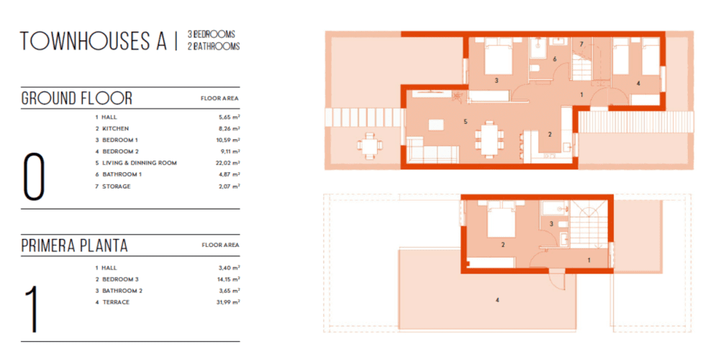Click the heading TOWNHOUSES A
tap(94, 41)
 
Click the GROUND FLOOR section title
tap(77, 98)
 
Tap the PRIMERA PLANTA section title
tap(75, 246)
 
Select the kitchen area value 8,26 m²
tap(230, 128)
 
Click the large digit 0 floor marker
tap(34, 177)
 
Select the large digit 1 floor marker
tap(32, 309)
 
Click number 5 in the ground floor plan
tap(466, 122)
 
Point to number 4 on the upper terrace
tap(497, 300)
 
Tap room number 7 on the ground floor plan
tap(581, 44)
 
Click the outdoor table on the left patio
tap(370, 145)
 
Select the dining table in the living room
tap(489, 138)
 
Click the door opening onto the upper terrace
tap(555, 280)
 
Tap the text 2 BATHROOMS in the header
tap(214, 46)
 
